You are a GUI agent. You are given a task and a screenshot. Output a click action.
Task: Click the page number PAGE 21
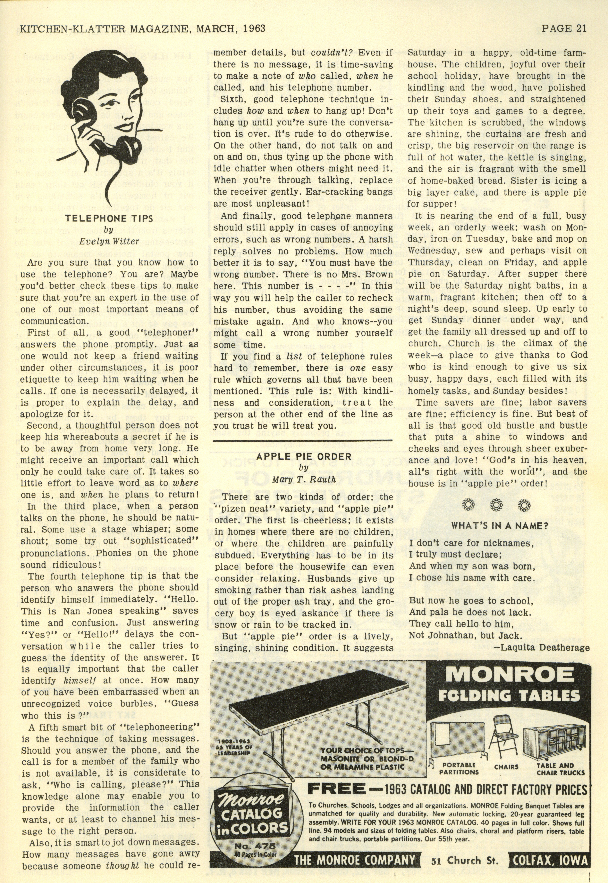pos(564,28)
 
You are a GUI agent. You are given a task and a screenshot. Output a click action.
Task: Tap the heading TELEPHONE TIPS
pos(109,218)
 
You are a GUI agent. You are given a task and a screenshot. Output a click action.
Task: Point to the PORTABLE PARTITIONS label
pos(459,768)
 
